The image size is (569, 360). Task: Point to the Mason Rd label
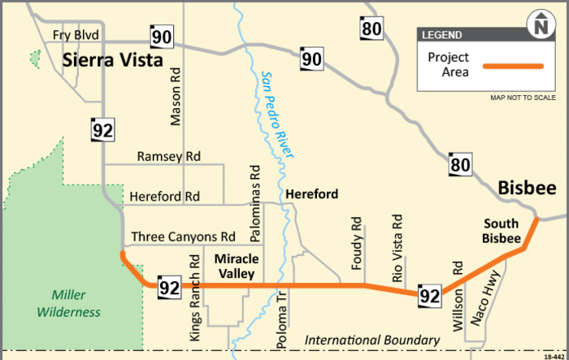click(x=175, y=96)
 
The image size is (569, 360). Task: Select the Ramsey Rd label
click(x=168, y=156)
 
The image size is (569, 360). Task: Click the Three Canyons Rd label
click(x=183, y=236)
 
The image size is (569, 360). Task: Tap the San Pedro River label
click(x=277, y=113)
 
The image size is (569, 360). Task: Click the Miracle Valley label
click(x=237, y=266)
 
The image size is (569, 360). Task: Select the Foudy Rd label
click(x=356, y=243)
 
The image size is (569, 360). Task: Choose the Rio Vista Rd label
click(x=397, y=249)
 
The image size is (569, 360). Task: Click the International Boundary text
click(x=372, y=340)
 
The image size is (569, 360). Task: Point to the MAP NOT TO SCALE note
click(x=523, y=98)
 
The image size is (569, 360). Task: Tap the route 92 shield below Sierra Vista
click(x=102, y=129)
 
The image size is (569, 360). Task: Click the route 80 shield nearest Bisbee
click(x=459, y=165)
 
